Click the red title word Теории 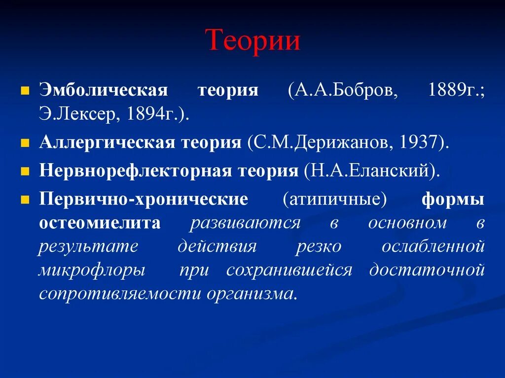(252, 40)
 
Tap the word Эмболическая (104, 91)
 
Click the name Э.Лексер (79, 114)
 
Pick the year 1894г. (148, 114)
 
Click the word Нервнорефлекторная (136, 171)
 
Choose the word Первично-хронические (144, 199)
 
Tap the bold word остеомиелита (100, 223)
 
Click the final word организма (252, 294)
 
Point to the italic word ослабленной (433, 246)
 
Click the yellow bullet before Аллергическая (23, 143)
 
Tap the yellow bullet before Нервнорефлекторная (23, 171)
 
